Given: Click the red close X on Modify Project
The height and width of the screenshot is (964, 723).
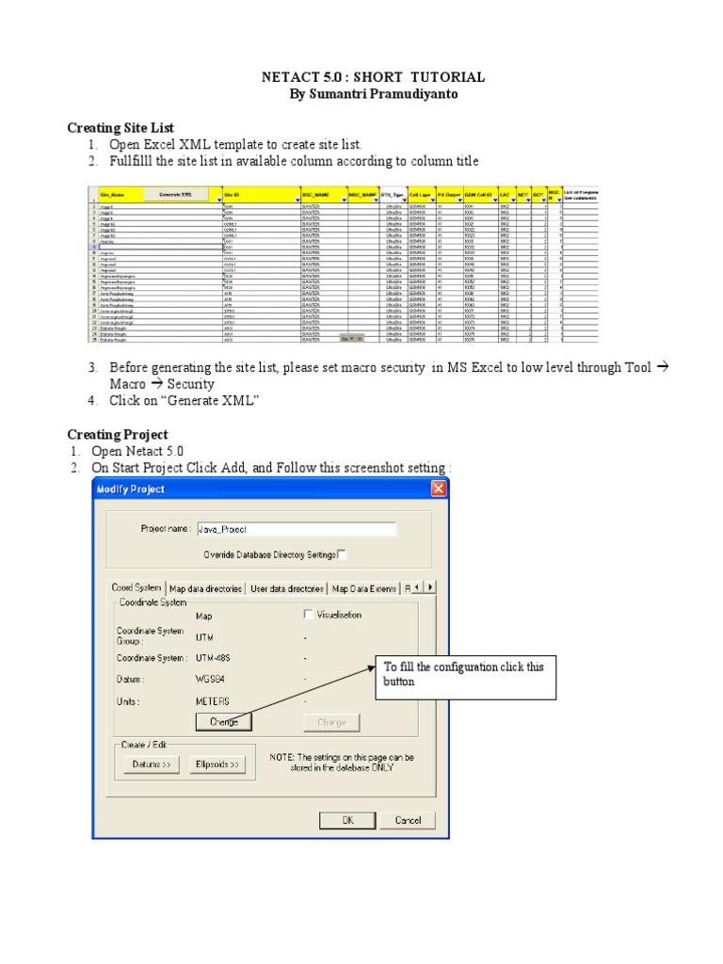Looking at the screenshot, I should pos(439,489).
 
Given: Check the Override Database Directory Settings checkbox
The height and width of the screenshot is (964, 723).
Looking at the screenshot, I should pos(342,554).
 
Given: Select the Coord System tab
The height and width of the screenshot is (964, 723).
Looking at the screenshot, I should pos(137,587).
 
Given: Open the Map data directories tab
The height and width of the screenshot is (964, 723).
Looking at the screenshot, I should pos(205,588).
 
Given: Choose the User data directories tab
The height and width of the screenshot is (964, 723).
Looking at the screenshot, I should pos(286,588).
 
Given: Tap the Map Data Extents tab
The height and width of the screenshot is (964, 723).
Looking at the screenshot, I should pos(364,588).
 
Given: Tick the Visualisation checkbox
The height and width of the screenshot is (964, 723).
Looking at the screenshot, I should pos(309,615).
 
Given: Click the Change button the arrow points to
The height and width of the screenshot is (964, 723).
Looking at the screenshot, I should pos(224,722).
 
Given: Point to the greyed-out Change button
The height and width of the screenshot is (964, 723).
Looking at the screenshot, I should pos(331,722).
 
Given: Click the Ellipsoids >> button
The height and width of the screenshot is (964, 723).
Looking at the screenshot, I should pos(218,765).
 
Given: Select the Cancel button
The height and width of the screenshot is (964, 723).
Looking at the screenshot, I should pos(408,820).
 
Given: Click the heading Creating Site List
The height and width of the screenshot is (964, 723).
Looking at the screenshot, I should pos(120,127).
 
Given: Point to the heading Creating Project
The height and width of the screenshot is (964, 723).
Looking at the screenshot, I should pos(117,434).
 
